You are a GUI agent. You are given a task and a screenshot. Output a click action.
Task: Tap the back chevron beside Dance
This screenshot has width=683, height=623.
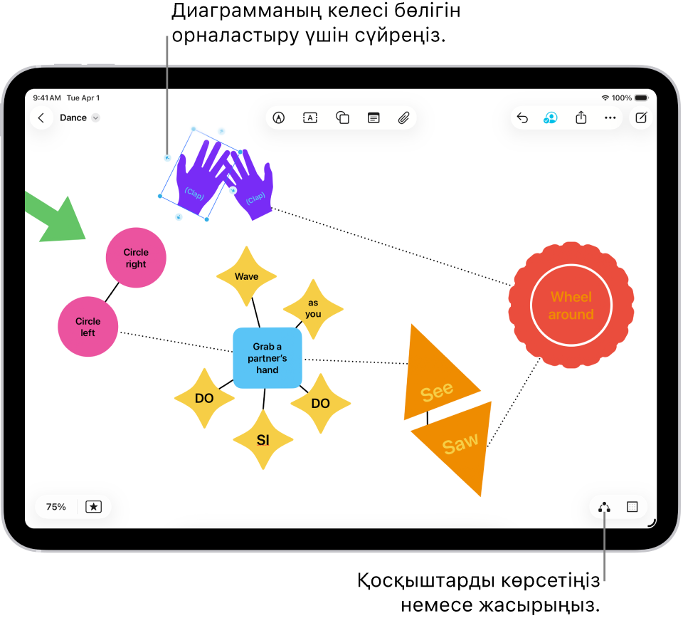click(41, 118)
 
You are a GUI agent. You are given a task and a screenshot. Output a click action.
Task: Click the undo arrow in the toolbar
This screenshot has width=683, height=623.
click(522, 118)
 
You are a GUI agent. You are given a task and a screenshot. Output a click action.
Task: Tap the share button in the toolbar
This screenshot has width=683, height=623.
click(581, 118)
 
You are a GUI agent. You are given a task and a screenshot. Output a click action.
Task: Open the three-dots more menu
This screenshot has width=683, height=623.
click(610, 118)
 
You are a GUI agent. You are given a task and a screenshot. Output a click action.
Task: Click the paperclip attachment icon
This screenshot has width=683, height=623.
click(403, 118)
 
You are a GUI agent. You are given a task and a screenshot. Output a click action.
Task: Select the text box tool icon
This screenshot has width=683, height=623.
click(310, 118)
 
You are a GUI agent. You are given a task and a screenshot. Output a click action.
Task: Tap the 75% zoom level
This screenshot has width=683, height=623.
click(56, 507)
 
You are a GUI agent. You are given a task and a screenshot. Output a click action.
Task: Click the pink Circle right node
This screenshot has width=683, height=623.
click(136, 258)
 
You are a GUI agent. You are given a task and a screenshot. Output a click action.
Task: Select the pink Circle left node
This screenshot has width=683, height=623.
click(88, 327)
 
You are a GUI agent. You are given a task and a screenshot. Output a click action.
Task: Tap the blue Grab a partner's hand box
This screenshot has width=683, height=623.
click(268, 358)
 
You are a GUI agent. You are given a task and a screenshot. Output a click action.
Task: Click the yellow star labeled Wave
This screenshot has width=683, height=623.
click(246, 276)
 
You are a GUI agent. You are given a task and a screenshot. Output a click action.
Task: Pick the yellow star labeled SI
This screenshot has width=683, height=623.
click(263, 440)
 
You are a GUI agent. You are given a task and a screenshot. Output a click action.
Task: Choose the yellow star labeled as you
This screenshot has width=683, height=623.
click(313, 308)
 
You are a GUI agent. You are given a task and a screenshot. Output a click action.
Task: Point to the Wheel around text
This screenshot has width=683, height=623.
click(571, 305)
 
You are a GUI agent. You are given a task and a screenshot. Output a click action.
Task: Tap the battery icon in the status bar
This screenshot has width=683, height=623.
click(641, 98)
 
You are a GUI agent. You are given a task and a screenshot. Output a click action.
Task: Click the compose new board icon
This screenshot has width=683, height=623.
click(641, 118)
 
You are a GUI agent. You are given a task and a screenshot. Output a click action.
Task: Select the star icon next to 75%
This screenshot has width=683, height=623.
click(93, 507)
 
